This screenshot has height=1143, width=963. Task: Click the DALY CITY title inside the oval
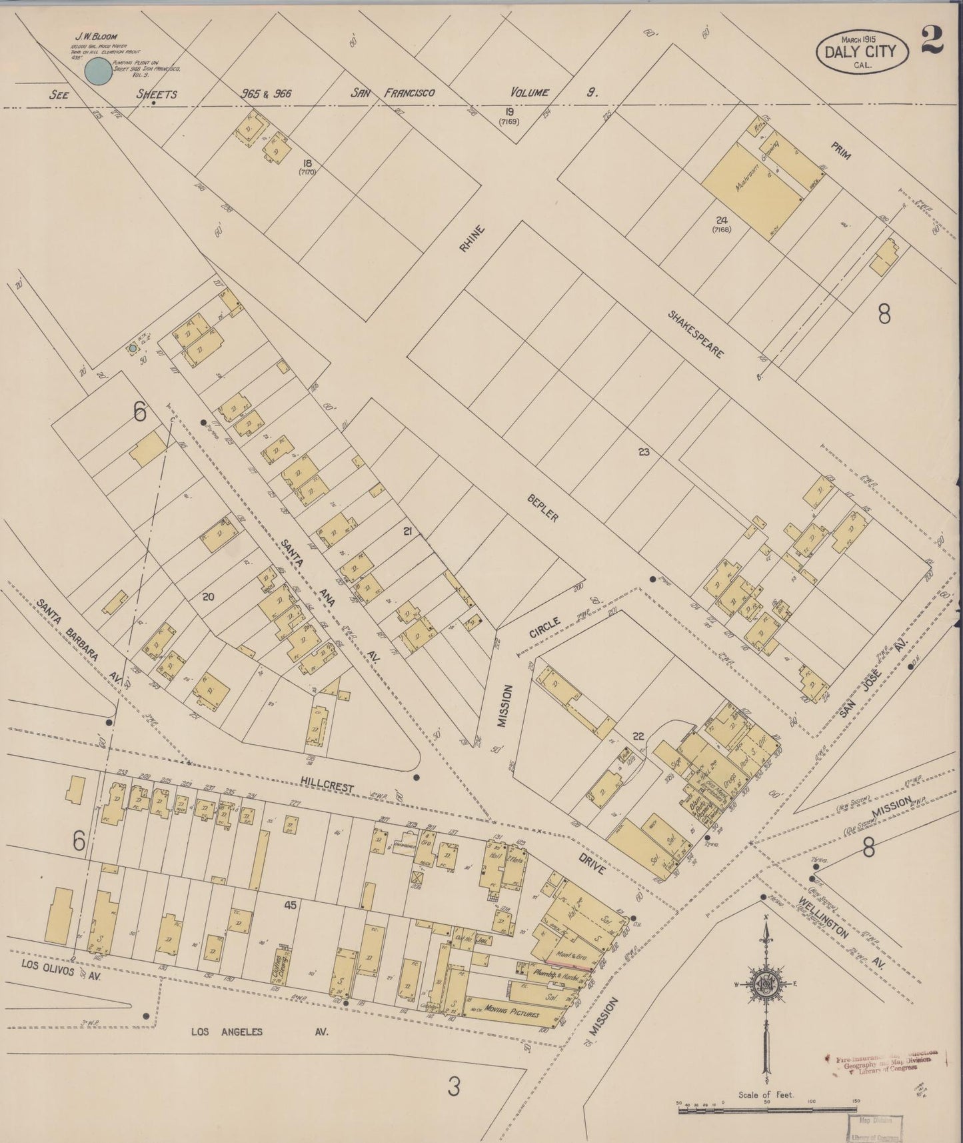click(x=862, y=52)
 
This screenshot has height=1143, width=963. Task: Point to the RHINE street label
click(x=471, y=239)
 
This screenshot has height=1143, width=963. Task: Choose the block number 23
click(x=643, y=452)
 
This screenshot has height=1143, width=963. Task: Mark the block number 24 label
click(x=721, y=220)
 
